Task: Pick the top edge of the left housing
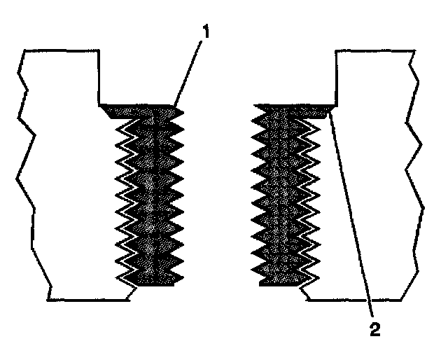click(59, 50)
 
